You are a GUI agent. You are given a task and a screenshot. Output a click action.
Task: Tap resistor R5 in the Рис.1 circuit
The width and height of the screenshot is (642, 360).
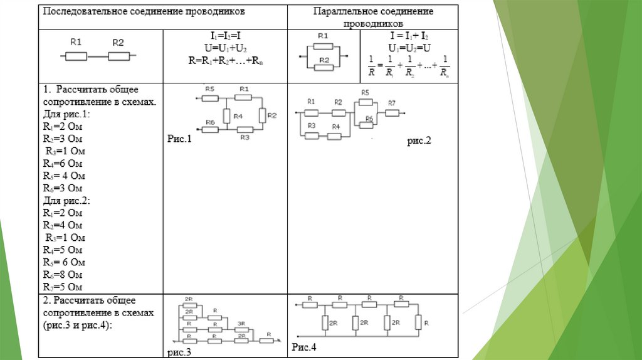[210, 97]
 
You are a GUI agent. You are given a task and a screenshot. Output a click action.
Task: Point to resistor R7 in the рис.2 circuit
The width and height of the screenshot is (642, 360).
[392, 113]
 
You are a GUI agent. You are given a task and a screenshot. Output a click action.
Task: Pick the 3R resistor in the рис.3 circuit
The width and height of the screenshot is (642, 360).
[242, 329]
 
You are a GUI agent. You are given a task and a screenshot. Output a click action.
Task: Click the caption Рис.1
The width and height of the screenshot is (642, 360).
[178, 139]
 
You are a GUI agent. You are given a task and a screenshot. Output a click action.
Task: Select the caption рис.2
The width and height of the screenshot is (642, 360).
[419, 142]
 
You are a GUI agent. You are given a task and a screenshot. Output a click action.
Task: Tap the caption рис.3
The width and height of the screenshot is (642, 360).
[179, 352]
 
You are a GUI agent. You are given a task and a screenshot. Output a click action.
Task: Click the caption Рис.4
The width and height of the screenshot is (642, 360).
[304, 347]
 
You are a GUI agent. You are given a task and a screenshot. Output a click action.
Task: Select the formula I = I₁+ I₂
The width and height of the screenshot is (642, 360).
[409, 37]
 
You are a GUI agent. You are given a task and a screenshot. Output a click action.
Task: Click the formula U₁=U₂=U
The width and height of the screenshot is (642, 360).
[409, 48]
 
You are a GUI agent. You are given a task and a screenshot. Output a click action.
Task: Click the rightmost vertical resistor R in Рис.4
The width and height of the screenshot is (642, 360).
[418, 323]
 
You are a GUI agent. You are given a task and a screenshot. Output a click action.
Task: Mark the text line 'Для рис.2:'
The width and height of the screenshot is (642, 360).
[66, 201]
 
